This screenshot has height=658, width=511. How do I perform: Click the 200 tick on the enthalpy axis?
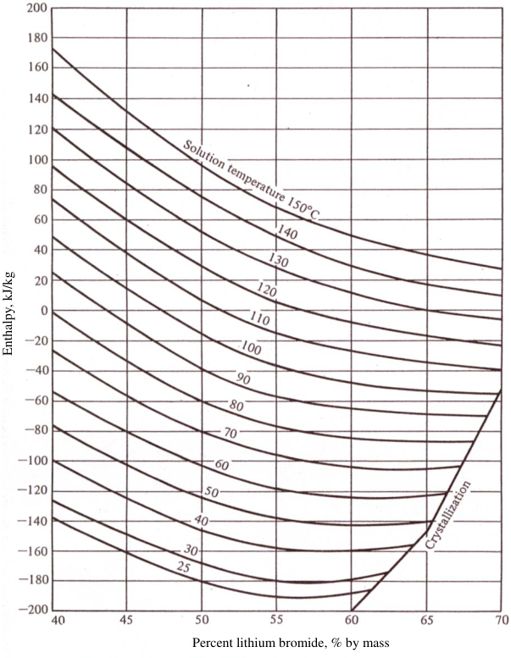[38, 8]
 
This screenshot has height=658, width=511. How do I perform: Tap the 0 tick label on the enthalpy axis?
[44, 311]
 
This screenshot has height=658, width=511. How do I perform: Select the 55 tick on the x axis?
[276, 621]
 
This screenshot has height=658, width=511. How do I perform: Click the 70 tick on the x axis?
[502, 621]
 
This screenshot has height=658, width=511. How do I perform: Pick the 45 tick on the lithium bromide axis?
[126, 621]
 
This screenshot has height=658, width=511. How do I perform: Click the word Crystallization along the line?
[447, 516]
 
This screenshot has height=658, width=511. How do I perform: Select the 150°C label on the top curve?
[303, 207]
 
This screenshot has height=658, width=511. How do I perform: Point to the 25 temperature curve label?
[184, 567]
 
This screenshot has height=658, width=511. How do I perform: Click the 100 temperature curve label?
[251, 348]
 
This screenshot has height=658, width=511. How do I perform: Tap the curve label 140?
[287, 232]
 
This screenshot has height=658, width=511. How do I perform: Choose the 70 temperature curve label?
[231, 433]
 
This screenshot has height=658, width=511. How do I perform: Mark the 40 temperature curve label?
[201, 521]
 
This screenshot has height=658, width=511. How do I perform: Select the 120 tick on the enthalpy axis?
[38, 130]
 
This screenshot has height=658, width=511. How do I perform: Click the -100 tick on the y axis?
[33, 461]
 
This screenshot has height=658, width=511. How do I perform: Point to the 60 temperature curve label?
[222, 465]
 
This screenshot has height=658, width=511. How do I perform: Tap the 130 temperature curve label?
[279, 261]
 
